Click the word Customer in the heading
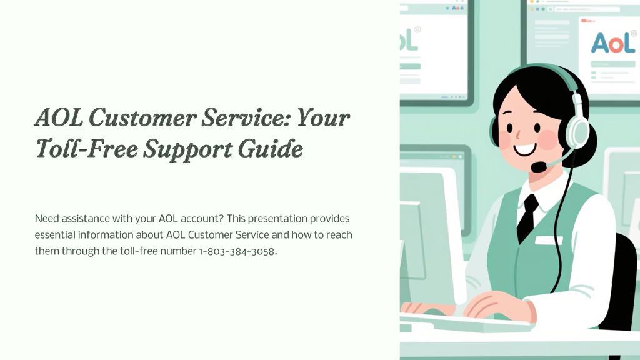pyautogui.click(x=142, y=117)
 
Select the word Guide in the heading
pyautogui.click(x=271, y=148)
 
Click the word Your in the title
pyautogui.click(x=323, y=117)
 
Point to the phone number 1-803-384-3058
pyautogui.click(x=237, y=251)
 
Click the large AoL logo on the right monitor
pyautogui.click(x=613, y=43)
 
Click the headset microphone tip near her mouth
pyautogui.click(x=539, y=167)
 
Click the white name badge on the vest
pyautogui.click(x=549, y=240)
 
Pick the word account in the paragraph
pyautogui.click(x=202, y=219)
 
